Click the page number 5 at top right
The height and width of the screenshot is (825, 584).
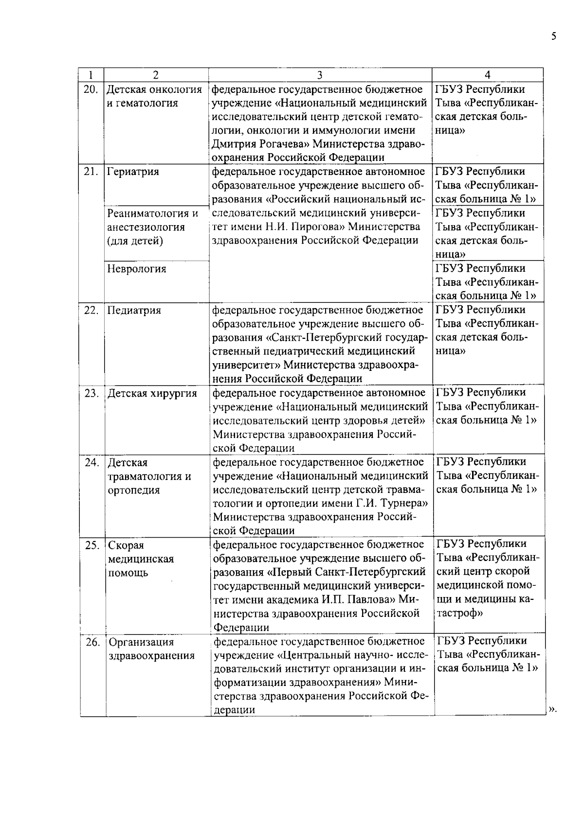tap(553, 36)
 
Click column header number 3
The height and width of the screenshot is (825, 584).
tap(320, 75)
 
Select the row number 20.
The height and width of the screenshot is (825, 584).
tap(91, 89)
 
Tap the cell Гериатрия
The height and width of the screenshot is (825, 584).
tap(133, 172)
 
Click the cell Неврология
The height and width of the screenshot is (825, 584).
tap(136, 269)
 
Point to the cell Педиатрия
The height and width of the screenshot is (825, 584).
tap(134, 310)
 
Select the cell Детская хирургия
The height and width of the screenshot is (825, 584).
tap(152, 393)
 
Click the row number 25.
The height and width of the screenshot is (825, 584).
tap(92, 545)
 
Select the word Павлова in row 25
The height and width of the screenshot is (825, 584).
tap(369, 599)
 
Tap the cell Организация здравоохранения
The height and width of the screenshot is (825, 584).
tap(151, 649)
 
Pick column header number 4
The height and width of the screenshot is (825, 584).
tap(487, 75)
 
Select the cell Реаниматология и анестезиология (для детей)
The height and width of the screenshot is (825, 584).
tap(152, 227)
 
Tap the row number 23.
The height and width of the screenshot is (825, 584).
tap(92, 393)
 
